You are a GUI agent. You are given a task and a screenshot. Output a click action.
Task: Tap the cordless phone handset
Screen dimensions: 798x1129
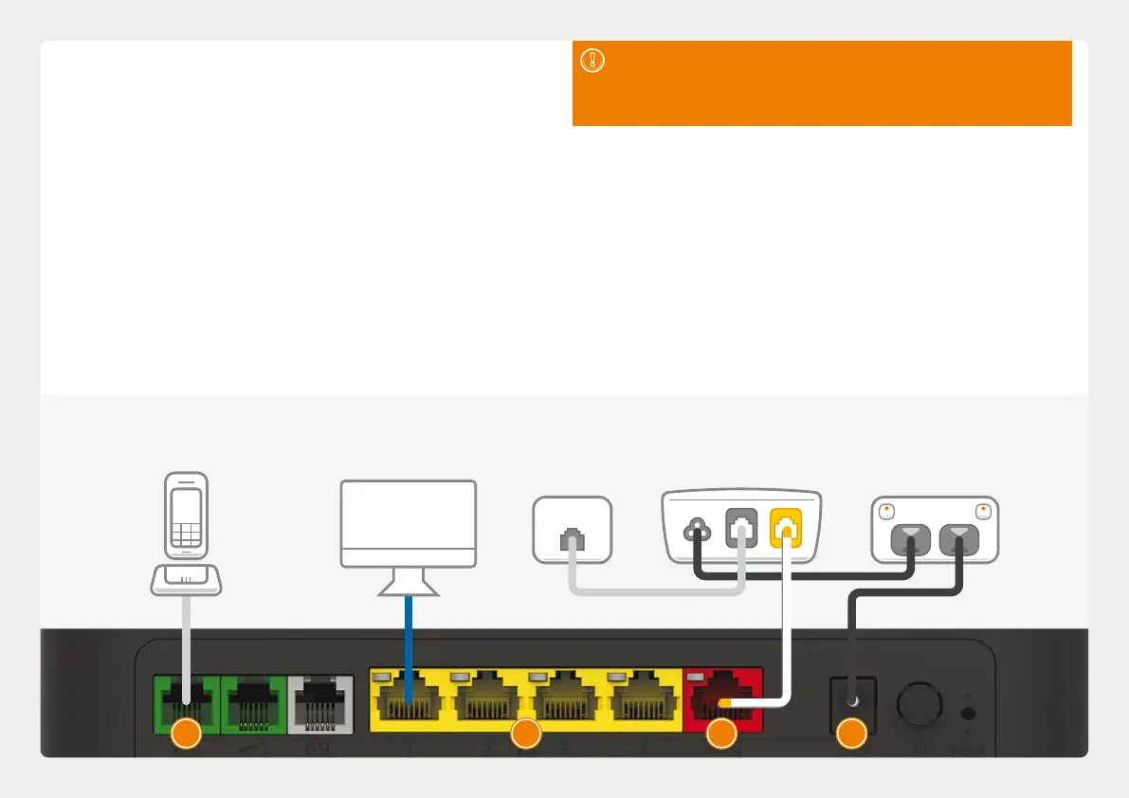185,516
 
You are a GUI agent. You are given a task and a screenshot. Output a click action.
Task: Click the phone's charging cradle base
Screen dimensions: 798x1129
186,578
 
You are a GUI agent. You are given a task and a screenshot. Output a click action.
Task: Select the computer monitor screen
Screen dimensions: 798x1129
408,523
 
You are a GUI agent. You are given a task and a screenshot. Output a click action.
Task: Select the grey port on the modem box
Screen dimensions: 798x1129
739,531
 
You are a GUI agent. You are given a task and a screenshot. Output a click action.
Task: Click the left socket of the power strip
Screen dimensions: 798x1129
912,540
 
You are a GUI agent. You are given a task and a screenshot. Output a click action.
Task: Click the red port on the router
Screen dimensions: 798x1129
722,698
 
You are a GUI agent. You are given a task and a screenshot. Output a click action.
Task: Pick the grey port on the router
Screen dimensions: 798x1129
320,701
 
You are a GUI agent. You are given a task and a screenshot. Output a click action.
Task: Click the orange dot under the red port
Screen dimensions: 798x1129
722,734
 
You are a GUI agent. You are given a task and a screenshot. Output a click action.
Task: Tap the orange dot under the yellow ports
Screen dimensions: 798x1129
525,734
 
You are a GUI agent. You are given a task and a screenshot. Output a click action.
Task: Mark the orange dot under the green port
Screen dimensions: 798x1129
185,734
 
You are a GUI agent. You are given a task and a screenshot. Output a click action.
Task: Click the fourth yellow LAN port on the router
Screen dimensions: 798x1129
642,701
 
